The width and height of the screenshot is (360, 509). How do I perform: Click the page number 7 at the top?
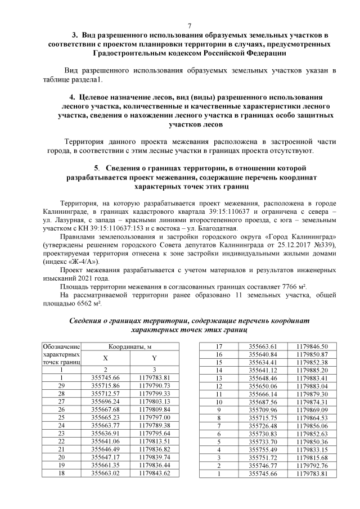coord(190,26)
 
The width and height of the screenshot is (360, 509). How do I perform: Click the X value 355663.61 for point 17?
coord(264,346)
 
